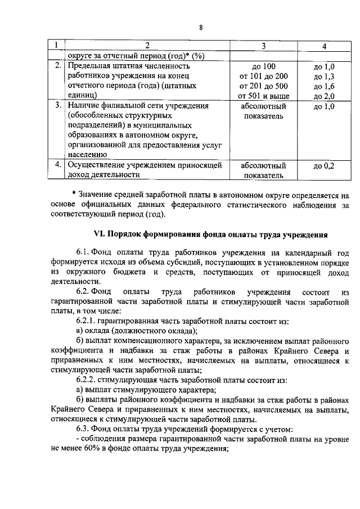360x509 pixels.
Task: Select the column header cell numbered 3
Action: (x=263, y=46)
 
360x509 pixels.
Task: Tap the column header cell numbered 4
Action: (x=323, y=46)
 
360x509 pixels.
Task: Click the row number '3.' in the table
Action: (x=57, y=106)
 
